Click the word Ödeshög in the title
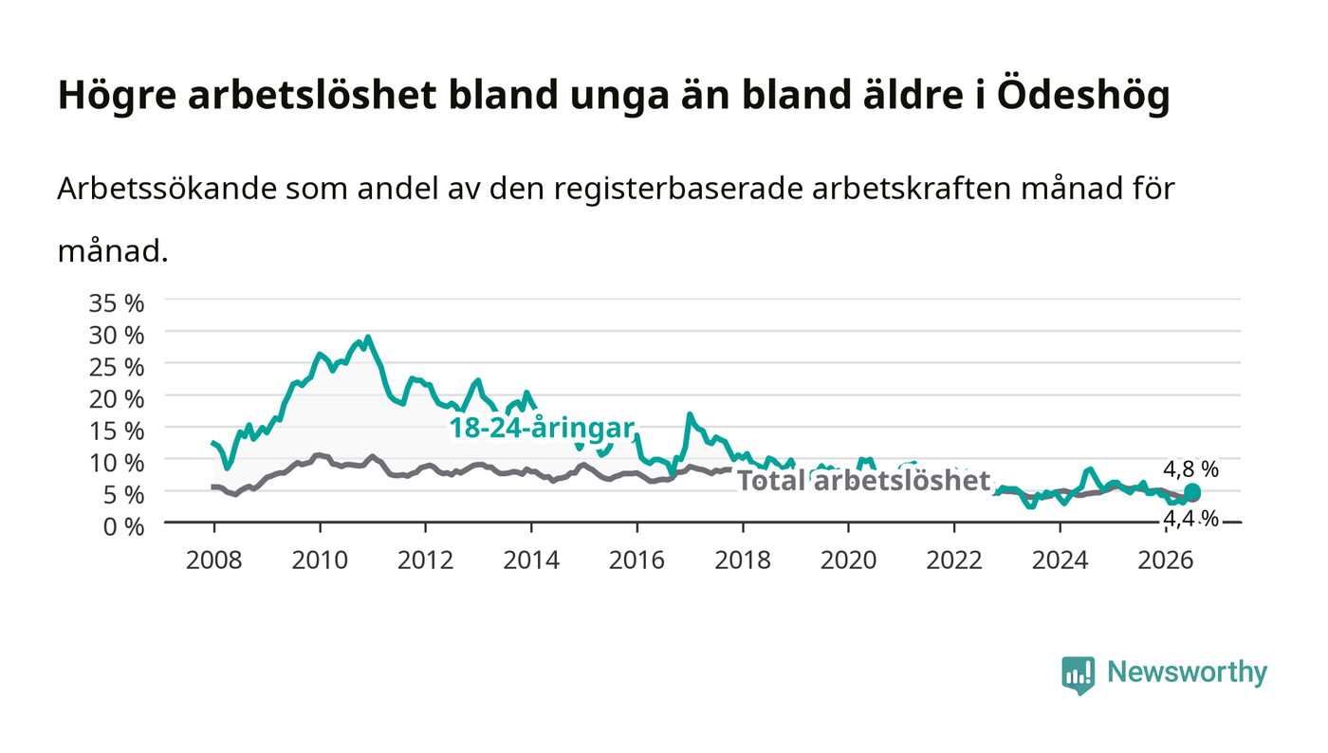click(1083, 95)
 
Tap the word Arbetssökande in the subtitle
click(167, 189)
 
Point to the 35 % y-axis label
click(116, 303)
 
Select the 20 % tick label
click(116, 399)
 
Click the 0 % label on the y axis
click(123, 526)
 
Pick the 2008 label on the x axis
click(214, 560)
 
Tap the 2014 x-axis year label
click(531, 560)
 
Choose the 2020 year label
click(848, 560)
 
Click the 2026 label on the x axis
click(1166, 560)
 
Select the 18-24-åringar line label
click(542, 428)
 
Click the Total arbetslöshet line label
click(864, 480)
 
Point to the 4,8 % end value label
click(1190, 469)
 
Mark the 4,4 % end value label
click(1190, 519)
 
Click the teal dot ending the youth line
click(1192, 491)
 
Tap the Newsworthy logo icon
click(1078, 674)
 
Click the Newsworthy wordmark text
click(1187, 672)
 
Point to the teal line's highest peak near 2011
click(368, 338)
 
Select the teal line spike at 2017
click(690, 414)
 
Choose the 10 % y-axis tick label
click(116, 463)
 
